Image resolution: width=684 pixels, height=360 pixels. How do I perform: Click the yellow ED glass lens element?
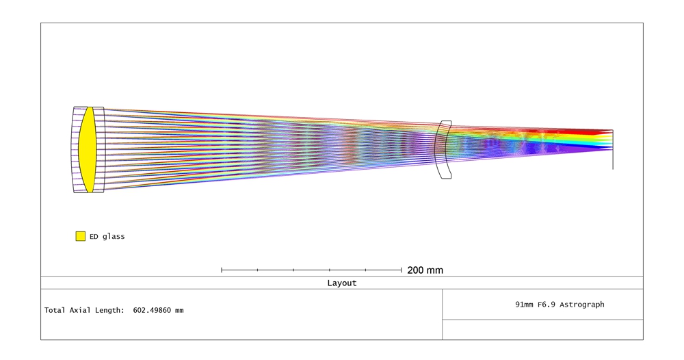[x=88, y=150]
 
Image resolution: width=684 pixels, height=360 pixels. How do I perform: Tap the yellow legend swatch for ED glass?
[x=80, y=236]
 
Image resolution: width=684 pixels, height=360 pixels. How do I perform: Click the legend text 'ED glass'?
[x=107, y=237]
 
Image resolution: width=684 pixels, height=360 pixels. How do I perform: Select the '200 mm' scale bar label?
[x=425, y=270]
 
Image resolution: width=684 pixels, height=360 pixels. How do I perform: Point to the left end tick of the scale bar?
[x=222, y=270]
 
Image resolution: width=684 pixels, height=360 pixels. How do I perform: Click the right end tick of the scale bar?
[x=402, y=270]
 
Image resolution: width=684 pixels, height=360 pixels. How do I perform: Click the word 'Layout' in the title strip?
[x=342, y=283]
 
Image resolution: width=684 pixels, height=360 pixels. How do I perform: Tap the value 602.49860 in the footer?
[x=152, y=310]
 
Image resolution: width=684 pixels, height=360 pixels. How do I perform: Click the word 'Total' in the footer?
[x=55, y=310]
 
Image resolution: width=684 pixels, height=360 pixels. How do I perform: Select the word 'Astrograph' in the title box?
[x=582, y=305]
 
